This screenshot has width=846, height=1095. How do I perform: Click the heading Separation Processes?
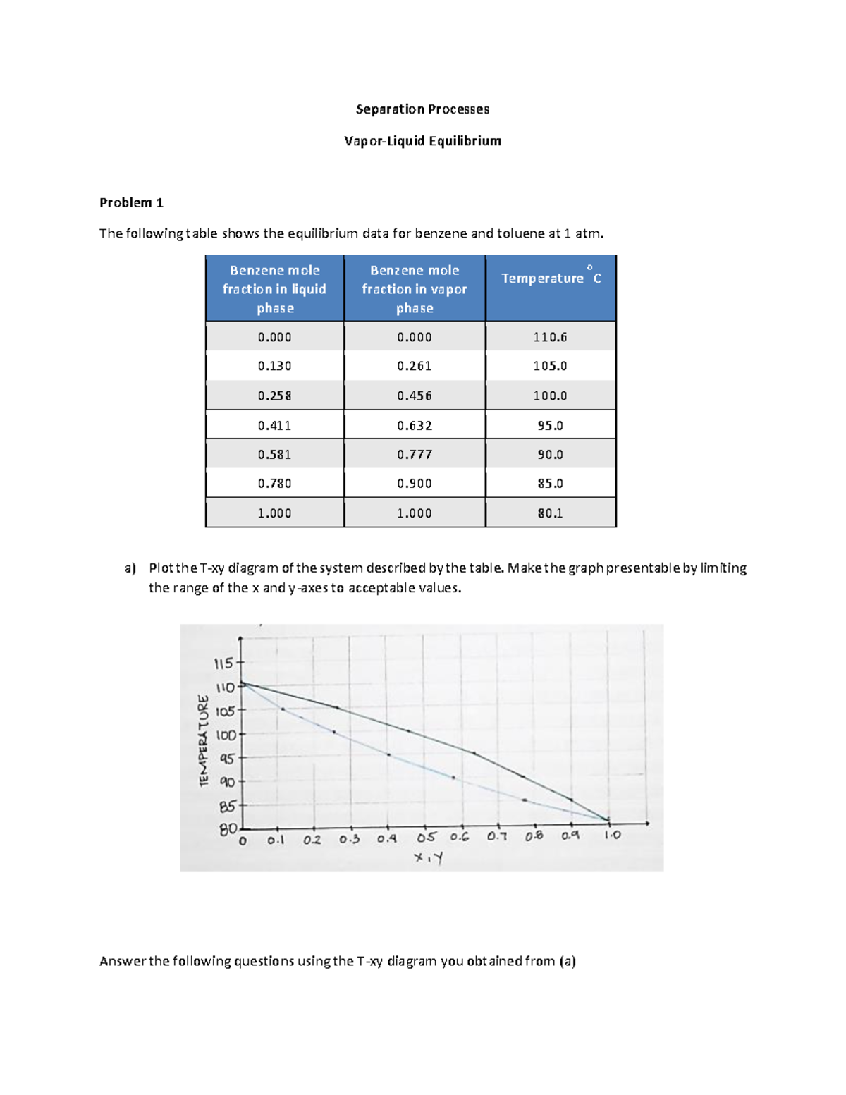tap(422, 109)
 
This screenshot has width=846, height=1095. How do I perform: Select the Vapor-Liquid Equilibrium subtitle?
tap(422, 141)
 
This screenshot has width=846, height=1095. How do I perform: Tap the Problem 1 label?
tap(131, 203)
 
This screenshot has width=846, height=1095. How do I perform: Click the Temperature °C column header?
tap(551, 279)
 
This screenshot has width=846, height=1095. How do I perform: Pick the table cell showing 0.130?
tap(274, 366)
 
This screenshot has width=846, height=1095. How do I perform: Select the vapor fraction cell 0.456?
tap(414, 396)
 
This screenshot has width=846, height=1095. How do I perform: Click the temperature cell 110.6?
tap(550, 337)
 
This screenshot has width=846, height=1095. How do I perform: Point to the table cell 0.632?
tap(414, 425)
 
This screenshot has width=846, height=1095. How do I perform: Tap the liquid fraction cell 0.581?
tap(274, 455)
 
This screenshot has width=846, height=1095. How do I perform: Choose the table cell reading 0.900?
tap(414, 484)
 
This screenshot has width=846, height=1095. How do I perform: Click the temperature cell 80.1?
tap(550, 513)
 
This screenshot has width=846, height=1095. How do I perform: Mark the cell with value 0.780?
tap(274, 484)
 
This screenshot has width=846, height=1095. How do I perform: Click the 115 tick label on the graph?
tap(223, 663)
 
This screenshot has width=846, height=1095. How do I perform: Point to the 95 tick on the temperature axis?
tap(227, 759)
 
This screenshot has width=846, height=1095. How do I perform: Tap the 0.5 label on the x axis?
tap(426, 838)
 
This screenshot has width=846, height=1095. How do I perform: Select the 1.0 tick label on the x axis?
tap(612, 835)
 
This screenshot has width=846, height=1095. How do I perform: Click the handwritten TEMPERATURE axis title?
tap(204, 740)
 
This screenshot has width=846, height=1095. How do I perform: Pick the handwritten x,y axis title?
tap(429, 858)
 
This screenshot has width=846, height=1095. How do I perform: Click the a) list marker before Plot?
tap(130, 568)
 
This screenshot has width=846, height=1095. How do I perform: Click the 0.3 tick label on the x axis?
tap(349, 840)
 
